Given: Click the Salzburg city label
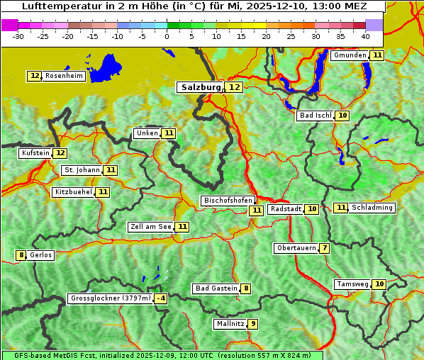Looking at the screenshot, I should click(x=200, y=87).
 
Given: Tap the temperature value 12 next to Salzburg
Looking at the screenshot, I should click(x=235, y=87).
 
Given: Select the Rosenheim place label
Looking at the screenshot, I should click(x=64, y=76).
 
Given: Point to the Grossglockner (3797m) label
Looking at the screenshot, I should click(x=111, y=299).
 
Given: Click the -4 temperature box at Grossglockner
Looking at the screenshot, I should click(x=162, y=299).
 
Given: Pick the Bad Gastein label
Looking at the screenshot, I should click(x=216, y=288).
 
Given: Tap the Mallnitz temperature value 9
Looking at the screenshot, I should click(x=253, y=324).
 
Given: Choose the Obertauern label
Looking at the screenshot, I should click(x=296, y=248).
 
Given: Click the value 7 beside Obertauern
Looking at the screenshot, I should click(x=324, y=248).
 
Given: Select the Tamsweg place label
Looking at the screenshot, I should click(x=352, y=284).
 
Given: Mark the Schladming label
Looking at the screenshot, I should click(x=372, y=208).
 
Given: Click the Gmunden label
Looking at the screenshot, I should click(x=350, y=55).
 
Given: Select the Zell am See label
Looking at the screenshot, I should click(x=151, y=227).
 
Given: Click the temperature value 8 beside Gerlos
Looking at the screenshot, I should click(x=21, y=255).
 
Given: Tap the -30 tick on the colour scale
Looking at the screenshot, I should click(x=18, y=35).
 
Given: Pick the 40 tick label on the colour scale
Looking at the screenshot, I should click(x=365, y=35).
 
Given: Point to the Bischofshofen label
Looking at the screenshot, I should click(x=228, y=201).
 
